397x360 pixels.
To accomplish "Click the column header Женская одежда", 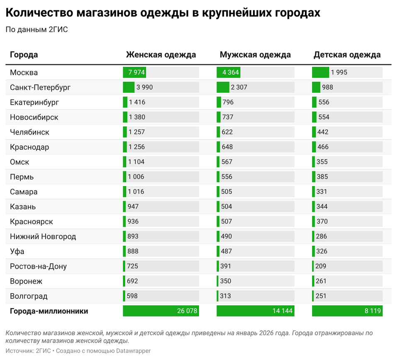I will pyautogui.click(x=161, y=55).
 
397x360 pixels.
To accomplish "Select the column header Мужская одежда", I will pyautogui.click(x=255, y=55).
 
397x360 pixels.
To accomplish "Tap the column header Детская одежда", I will pyautogui.click(x=347, y=55).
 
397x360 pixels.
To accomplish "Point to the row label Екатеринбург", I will pyautogui.click(x=34, y=102).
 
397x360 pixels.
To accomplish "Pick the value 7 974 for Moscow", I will pyautogui.click(x=136, y=73).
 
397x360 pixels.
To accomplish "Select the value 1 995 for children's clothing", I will pyautogui.click(x=339, y=73).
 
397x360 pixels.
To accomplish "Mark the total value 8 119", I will pyautogui.click(x=373, y=311).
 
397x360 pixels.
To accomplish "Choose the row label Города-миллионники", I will pyautogui.click(x=49, y=311).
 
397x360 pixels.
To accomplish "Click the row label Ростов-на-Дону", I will pyautogui.click(x=38, y=267).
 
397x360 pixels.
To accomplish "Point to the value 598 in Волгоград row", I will pyautogui.click(x=132, y=296).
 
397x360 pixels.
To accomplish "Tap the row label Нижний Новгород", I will pyautogui.click(x=43, y=237).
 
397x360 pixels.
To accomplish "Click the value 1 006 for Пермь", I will pyautogui.click(x=136, y=177).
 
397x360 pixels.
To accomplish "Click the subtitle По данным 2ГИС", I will pyautogui.click(x=37, y=29).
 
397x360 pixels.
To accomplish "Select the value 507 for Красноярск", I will pyautogui.click(x=227, y=222).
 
